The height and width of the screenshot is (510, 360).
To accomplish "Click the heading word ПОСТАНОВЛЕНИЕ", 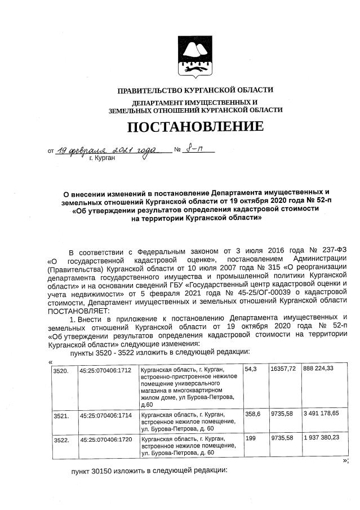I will click(195, 126).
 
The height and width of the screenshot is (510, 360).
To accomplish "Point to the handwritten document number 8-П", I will click(193, 150).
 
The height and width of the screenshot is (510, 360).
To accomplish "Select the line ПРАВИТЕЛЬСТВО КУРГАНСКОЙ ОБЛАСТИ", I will click(195, 90).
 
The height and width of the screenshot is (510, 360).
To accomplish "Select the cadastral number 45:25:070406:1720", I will click(105, 438).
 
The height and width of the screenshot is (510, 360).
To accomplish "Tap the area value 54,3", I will click(251, 369).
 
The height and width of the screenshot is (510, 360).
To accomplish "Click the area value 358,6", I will click(252, 414).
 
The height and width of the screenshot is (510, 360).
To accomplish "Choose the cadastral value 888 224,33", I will click(318, 369).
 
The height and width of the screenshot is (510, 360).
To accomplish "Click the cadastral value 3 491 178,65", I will click(321, 414).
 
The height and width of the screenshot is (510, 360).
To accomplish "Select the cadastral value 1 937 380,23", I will click(321, 438).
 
